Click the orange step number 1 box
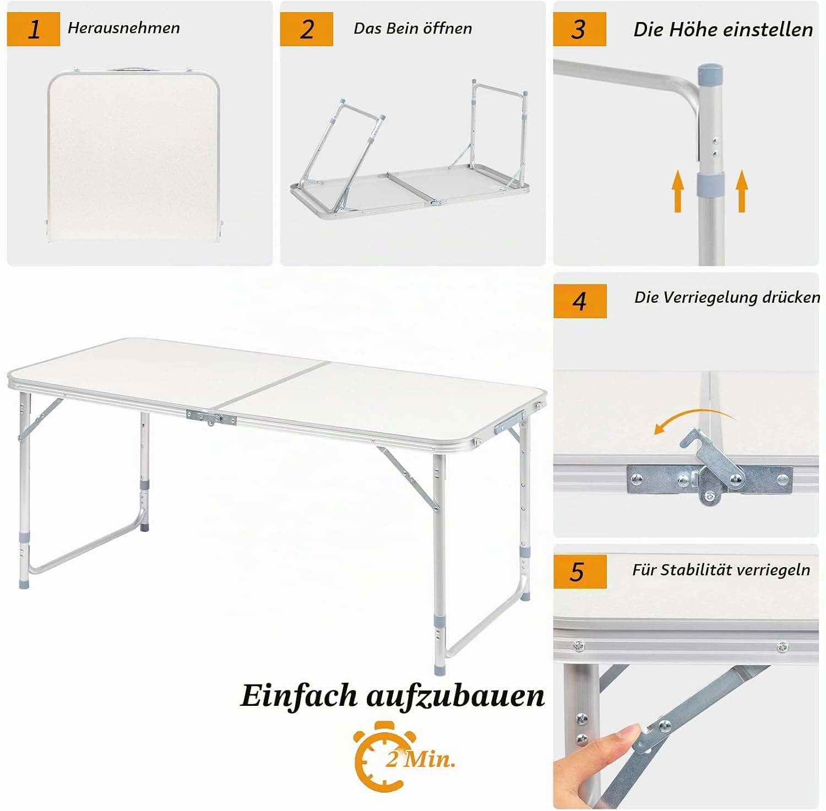click(x=34, y=29)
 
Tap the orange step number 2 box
click(x=306, y=29)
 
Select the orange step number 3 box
click(x=579, y=29)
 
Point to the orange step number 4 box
click(x=580, y=301)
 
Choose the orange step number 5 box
click(x=580, y=571)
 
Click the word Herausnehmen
click(x=124, y=28)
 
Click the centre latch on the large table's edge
click(x=211, y=418)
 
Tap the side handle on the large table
click(x=508, y=420)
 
